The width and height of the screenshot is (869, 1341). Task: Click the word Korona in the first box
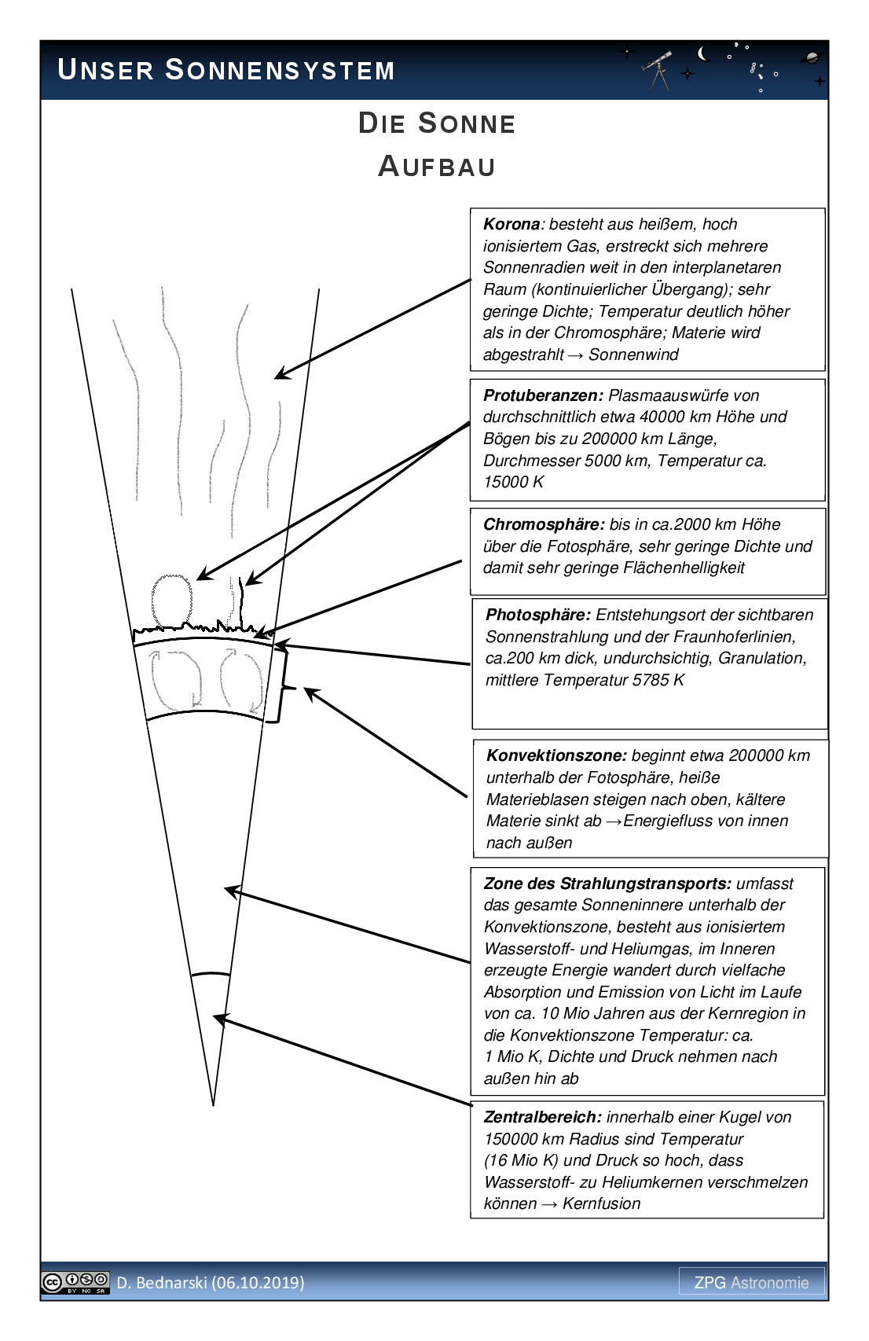(511, 225)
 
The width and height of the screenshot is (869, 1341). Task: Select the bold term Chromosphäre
(543, 524)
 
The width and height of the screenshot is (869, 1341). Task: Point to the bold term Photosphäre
(537, 615)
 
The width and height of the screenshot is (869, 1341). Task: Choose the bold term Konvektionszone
(555, 755)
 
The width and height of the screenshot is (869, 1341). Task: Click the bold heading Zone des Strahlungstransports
(607, 884)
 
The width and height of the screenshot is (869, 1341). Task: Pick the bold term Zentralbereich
(542, 1117)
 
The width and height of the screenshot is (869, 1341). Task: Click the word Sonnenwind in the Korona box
(633, 355)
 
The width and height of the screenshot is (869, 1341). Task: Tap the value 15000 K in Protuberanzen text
(513, 482)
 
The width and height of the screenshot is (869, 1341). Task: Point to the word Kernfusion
(601, 1203)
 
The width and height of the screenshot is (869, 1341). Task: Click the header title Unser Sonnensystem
(226, 71)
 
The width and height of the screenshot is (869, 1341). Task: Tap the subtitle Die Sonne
(436, 123)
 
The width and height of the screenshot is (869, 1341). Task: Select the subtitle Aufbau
(436, 167)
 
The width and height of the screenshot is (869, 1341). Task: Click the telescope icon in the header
(658, 69)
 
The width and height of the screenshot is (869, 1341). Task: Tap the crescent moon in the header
(703, 53)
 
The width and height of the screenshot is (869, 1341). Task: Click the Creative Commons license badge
(75, 1282)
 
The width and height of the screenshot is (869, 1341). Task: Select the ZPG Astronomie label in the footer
(751, 1282)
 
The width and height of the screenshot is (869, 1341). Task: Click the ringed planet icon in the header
(812, 57)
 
